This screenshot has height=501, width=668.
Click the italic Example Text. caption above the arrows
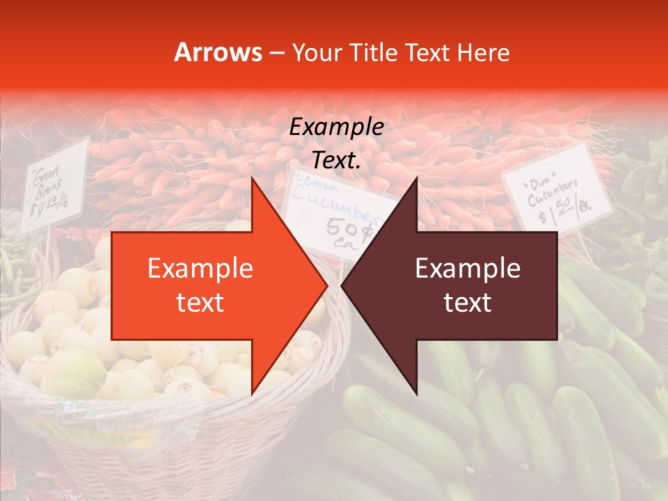pos(337,143)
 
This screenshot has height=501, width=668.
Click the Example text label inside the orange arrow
pos(200,285)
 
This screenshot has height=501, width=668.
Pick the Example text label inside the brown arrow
pos(468,285)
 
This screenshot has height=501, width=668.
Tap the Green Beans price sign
pos(55,185)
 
